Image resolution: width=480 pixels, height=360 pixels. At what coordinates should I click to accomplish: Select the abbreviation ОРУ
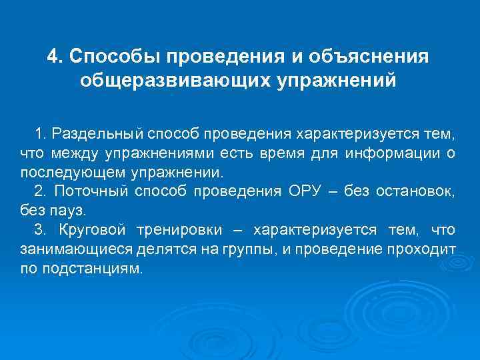(x=307, y=192)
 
